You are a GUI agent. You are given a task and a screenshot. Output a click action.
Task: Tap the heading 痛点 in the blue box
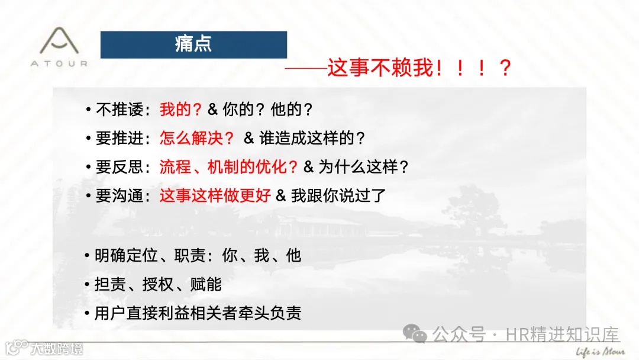tap(193, 44)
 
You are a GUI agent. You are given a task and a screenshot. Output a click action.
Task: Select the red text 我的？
tap(181, 110)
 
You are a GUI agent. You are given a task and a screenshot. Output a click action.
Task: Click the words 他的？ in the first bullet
tap(292, 110)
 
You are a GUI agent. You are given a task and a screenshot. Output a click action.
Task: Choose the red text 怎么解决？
tap(197, 139)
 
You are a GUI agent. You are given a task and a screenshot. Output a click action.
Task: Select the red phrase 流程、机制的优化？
tap(229, 167)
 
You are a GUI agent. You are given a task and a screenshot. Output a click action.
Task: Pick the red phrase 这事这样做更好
tap(215, 196)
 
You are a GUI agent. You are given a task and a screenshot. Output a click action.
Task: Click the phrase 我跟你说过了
tap(338, 196)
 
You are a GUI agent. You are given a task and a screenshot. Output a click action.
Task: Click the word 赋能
tap(206, 284)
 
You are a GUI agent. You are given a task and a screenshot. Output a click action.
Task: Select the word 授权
tap(158, 284)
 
